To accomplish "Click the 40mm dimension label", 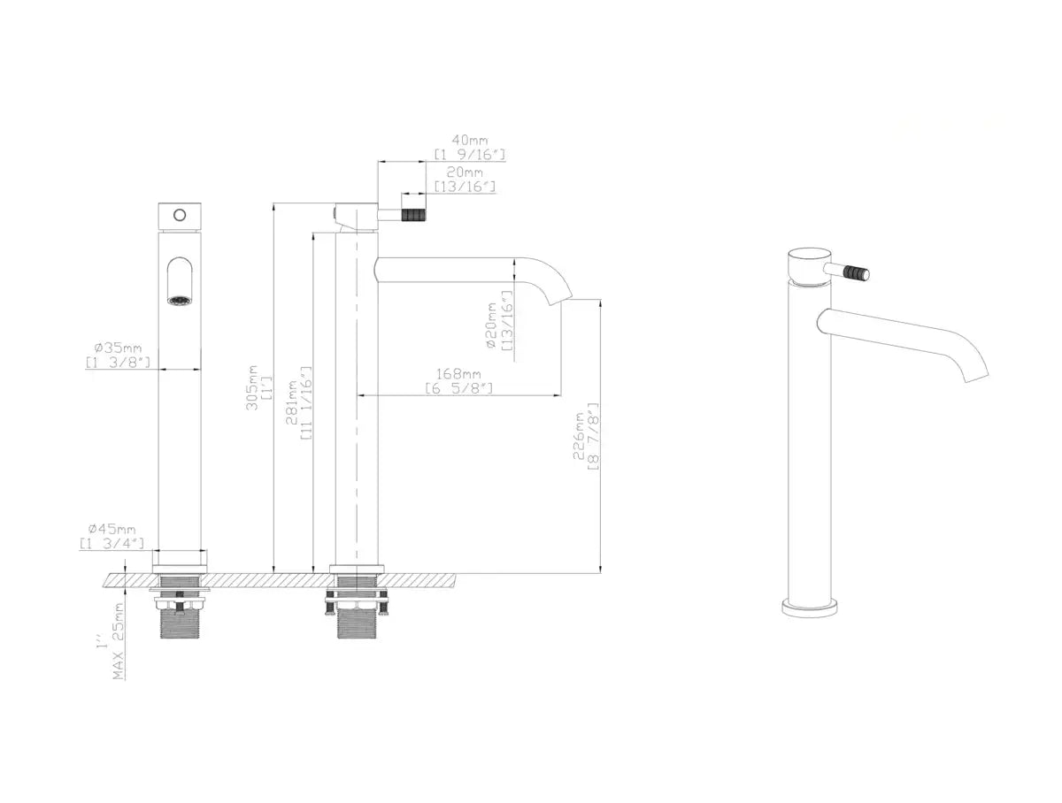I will (469, 140).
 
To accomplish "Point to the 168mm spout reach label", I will (458, 374).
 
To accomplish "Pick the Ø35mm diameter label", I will (118, 348).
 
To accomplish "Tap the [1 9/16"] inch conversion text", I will (469, 155).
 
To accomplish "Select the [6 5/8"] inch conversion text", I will (458, 388).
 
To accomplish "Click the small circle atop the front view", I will (180, 214).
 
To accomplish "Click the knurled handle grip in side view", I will (412, 214).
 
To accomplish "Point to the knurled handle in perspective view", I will (856, 271).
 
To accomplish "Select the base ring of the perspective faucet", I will (809, 607).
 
